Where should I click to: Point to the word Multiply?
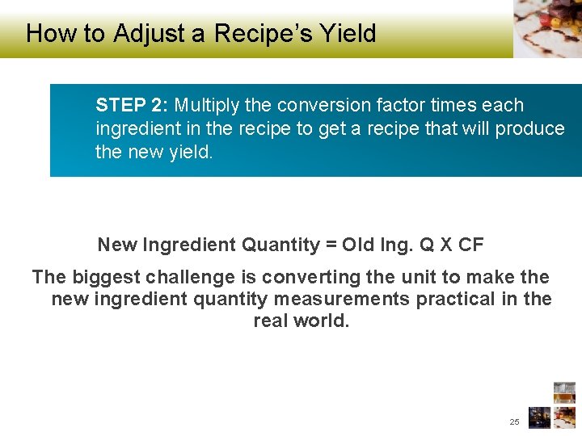coord(205,105)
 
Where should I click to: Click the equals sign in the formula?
coord(331,245)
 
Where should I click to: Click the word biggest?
coord(107,277)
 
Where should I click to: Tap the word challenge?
coord(192,277)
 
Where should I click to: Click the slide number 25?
coord(515,421)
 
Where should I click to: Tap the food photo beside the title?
coord(547,28)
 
